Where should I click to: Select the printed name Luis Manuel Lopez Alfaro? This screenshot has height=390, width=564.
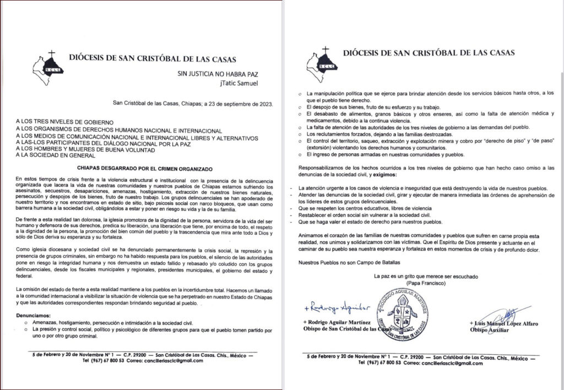click(x=503, y=323)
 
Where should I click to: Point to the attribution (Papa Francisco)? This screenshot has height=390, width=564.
click(x=425, y=283)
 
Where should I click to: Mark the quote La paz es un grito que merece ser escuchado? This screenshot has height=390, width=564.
click(x=425, y=275)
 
